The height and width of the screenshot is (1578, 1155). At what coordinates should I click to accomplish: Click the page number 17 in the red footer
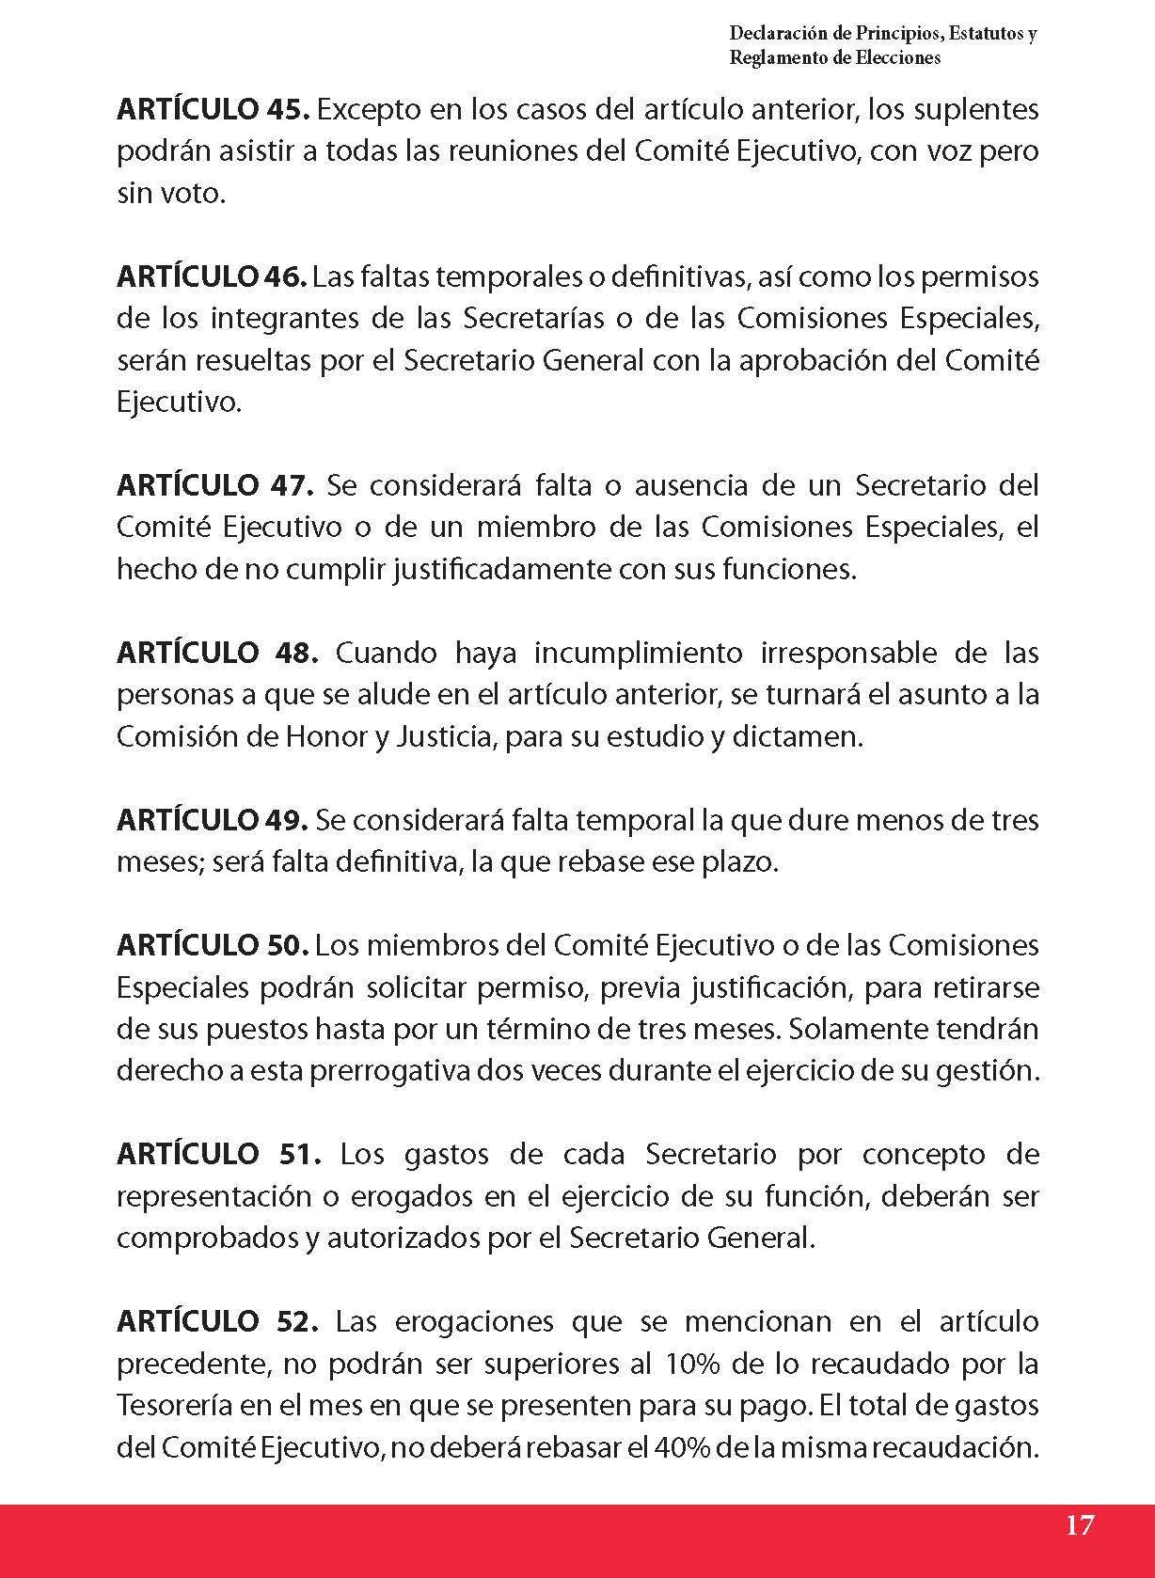point(1080,1524)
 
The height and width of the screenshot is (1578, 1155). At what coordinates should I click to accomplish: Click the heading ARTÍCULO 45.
point(213,110)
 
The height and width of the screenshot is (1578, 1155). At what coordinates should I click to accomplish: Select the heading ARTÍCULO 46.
point(212,277)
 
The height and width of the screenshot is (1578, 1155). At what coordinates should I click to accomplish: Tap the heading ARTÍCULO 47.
point(214,486)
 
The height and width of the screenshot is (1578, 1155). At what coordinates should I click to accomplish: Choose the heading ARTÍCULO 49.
point(212,820)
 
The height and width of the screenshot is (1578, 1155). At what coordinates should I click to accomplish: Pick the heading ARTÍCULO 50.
point(213,945)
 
